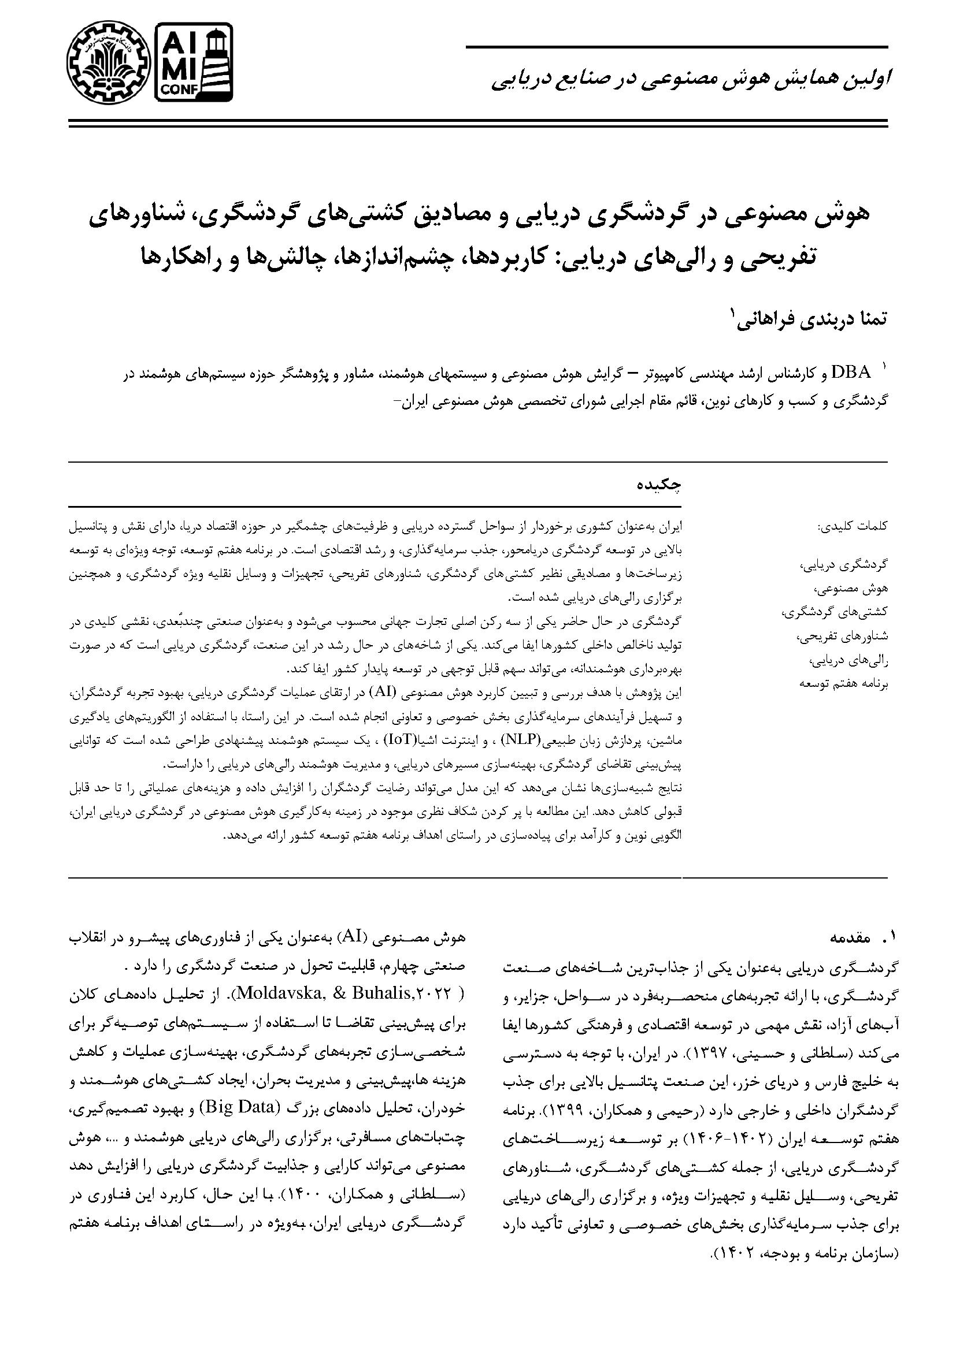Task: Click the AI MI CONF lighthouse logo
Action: click(x=194, y=61)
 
